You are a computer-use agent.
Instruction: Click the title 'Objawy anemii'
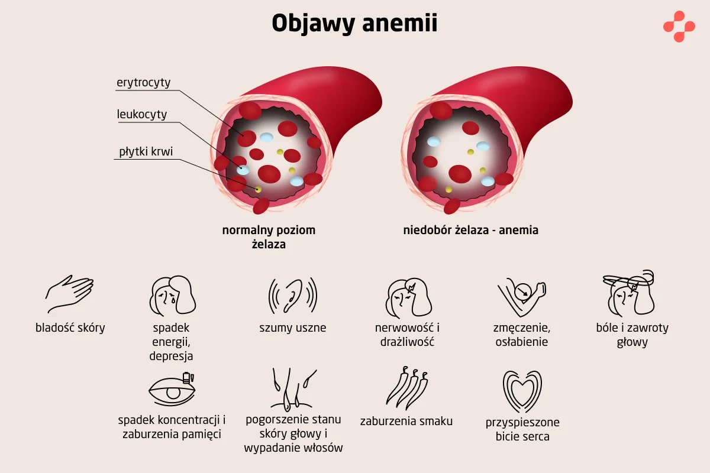[x=354, y=24]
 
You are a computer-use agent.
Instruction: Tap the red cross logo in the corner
[x=679, y=26]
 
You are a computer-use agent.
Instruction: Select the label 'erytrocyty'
[x=143, y=82]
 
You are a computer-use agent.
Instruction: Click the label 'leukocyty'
[x=141, y=114]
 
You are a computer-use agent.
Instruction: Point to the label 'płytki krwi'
[x=146, y=151]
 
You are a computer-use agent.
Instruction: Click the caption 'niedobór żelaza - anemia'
[x=470, y=230]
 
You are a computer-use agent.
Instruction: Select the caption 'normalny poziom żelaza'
[x=269, y=237]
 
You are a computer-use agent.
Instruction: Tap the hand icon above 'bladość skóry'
[x=70, y=293]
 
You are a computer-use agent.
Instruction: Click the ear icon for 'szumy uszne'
[x=292, y=294]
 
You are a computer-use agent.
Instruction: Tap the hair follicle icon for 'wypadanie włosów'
[x=293, y=390]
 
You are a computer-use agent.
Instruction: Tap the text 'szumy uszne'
[x=292, y=328]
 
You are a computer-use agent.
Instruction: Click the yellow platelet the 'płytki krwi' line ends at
[x=259, y=189]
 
